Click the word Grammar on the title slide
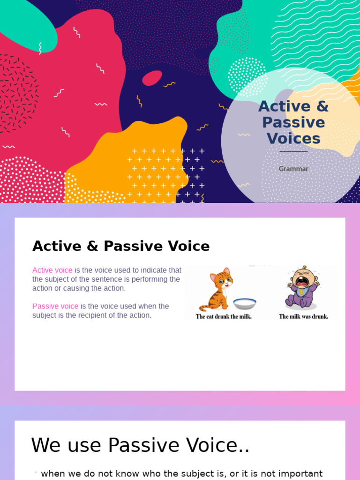point(293,169)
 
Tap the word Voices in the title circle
point(293,139)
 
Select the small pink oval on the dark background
point(152,78)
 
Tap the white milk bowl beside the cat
point(245,303)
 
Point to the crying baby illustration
point(303,287)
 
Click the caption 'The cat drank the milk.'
point(224,316)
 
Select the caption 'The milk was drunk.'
point(303,316)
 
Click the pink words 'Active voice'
point(52,270)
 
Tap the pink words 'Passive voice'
point(55,306)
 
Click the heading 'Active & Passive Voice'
point(121,246)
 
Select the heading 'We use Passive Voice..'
point(140,445)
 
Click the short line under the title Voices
point(293,151)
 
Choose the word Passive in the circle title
point(293,122)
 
